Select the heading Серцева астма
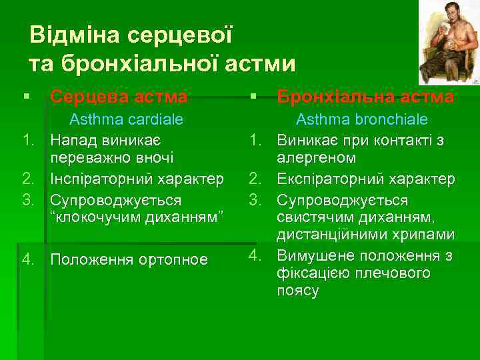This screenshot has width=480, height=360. point(119,97)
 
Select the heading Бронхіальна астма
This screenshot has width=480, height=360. point(365,97)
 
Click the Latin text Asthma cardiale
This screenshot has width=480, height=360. point(127,120)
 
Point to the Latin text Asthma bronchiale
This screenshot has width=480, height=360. point(362,120)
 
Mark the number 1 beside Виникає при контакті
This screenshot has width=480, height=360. point(254,141)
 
